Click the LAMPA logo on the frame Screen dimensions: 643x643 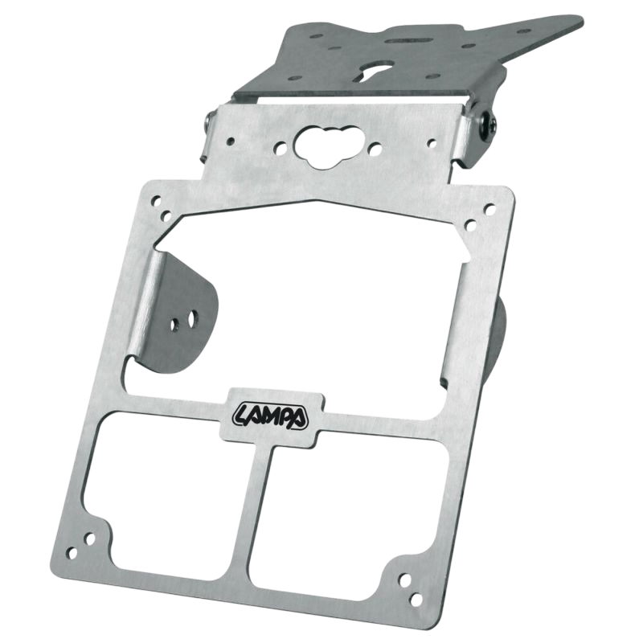tap(271, 416)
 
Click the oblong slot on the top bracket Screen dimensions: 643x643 tap(408, 41)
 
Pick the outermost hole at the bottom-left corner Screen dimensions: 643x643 tap(72, 553)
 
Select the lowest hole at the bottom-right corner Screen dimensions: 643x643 tap(416, 600)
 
